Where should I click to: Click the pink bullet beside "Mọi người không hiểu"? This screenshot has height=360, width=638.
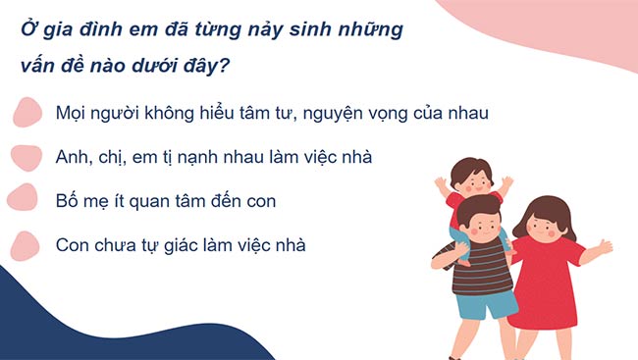27,112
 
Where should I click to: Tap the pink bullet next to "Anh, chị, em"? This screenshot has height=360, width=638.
27,156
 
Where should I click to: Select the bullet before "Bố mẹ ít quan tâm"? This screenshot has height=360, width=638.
24,199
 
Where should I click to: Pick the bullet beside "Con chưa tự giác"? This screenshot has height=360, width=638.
27,244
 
